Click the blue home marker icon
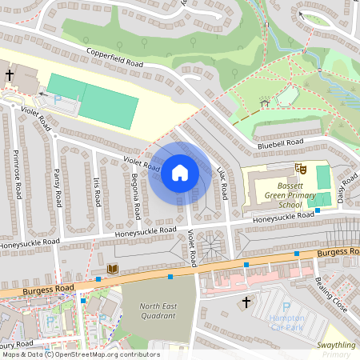click(x=180, y=173)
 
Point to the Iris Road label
click(x=96, y=193)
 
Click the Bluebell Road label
click(x=280, y=143)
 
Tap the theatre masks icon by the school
click(x=302, y=169)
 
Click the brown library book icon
click(x=112, y=269)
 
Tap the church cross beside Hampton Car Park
click(x=246, y=302)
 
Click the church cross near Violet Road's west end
click(x=10, y=75)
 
